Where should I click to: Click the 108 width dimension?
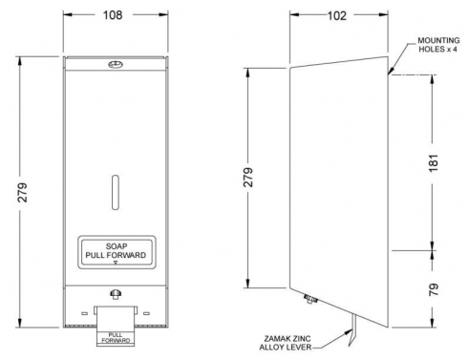(x=113, y=15)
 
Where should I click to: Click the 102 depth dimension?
(x=337, y=15)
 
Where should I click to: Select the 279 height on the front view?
(x=23, y=192)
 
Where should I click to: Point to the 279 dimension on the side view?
(x=248, y=177)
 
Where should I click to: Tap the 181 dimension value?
(x=434, y=163)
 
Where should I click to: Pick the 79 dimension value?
(x=434, y=289)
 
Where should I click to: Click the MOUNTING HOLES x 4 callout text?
(x=438, y=45)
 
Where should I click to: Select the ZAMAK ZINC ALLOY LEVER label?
(x=286, y=343)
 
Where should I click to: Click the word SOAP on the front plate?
(x=117, y=246)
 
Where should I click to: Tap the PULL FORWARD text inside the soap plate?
(x=116, y=255)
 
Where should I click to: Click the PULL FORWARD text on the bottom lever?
(x=116, y=338)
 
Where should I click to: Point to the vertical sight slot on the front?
(x=116, y=192)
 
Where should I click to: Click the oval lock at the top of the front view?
(x=116, y=65)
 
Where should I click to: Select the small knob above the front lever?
(x=116, y=293)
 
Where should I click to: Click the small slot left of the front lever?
(x=84, y=313)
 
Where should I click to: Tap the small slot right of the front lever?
(x=146, y=313)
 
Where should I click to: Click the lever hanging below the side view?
(x=352, y=330)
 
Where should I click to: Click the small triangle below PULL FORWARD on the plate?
(x=116, y=263)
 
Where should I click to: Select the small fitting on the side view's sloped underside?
(x=310, y=299)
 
